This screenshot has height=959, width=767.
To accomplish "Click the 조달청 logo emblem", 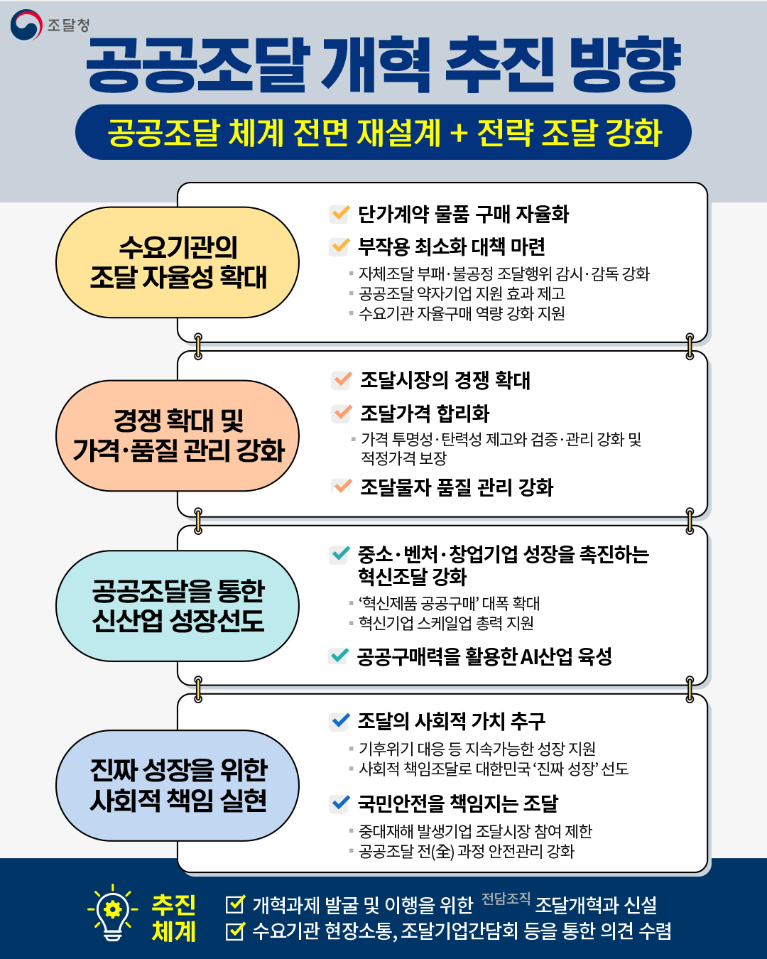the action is click(26, 25).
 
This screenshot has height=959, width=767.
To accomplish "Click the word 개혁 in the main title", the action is click(376, 65).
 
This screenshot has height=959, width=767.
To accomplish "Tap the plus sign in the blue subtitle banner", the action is click(459, 133).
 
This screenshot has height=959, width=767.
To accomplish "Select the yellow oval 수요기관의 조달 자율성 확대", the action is click(178, 262).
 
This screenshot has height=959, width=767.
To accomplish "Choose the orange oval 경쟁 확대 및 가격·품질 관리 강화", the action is click(178, 435).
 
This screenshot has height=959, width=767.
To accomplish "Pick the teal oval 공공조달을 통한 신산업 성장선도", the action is click(178, 606).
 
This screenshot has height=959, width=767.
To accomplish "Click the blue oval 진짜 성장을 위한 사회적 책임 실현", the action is click(178, 785).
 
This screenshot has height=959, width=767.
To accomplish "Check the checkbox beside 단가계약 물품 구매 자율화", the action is click(340, 213).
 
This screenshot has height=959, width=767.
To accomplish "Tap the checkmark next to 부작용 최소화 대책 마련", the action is click(340, 246).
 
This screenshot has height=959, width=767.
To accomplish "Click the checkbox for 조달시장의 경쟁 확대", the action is click(342, 379).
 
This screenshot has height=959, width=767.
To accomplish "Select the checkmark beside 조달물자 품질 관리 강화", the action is click(342, 487).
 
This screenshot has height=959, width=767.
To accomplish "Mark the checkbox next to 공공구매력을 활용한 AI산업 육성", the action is click(339, 656).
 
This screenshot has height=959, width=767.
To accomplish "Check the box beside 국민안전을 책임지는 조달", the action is click(340, 803).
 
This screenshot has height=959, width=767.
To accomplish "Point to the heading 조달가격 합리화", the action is click(425, 413).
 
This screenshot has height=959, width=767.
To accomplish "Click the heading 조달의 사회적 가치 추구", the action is click(451, 721).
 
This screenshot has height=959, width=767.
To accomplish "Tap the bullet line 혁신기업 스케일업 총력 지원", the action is click(446, 623).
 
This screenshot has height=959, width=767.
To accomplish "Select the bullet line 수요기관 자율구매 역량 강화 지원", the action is click(462, 313).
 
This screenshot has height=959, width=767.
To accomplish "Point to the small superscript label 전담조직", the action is click(506, 899).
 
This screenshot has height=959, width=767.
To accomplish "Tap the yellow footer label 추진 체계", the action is click(174, 918).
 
